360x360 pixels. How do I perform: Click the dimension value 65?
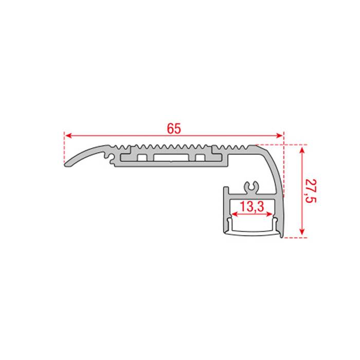174,129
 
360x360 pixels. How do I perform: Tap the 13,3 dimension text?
252,207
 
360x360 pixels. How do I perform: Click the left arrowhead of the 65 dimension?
67,136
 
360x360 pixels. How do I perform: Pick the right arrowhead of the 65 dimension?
281,136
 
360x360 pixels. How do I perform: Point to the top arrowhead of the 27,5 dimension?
302,148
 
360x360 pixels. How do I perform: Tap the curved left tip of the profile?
66,165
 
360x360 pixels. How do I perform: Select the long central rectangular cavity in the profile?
170,156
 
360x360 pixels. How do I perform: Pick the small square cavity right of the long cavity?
201,156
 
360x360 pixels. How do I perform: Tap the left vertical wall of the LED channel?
225,211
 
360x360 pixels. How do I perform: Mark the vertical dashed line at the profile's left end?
64,149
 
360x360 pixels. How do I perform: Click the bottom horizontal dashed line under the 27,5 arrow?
296,238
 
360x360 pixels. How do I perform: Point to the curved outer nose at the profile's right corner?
276,159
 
